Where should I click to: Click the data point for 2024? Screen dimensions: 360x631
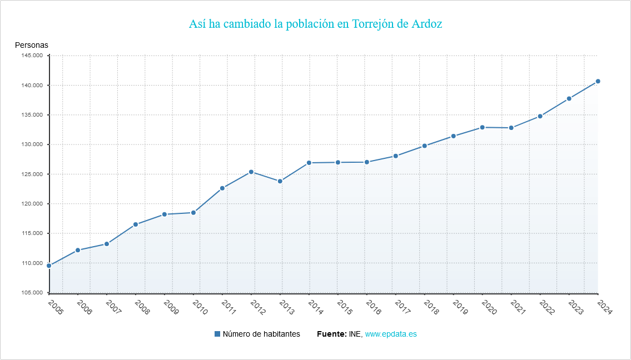[598, 81]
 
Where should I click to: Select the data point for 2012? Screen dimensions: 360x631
[251, 172]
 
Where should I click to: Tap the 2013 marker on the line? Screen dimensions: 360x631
[280, 181]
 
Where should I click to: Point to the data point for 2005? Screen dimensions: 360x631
[49, 266]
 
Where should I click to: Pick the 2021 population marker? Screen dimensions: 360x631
[511, 128]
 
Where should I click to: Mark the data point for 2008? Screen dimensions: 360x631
[136, 224]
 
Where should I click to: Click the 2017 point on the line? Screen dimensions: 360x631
[395, 156]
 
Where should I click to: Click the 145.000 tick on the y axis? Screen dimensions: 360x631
[32, 56]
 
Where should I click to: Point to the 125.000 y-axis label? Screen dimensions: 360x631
[32, 174]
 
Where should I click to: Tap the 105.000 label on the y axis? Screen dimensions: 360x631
[32, 293]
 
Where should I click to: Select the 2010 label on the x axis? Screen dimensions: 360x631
[199, 307]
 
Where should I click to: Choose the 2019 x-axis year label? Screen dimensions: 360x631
[459, 307]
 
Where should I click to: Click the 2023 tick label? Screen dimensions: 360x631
[575, 307]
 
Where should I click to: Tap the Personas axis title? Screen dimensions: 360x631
[32, 45]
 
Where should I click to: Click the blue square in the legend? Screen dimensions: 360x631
[217, 334]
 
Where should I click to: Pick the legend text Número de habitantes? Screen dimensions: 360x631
[261, 334]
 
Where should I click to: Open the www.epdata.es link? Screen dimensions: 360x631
[391, 334]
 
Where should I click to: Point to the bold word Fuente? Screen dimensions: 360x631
[331, 334]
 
